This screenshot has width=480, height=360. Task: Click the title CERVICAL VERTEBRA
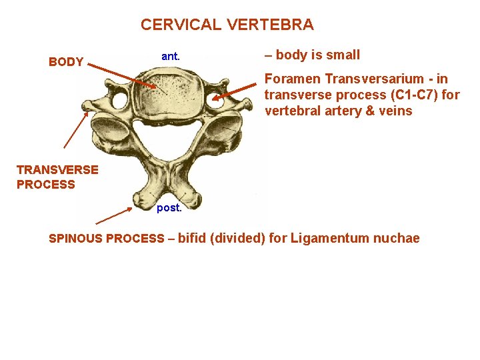(227, 25)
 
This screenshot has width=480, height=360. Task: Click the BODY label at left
(66, 63)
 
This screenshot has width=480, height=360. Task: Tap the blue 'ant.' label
(171, 57)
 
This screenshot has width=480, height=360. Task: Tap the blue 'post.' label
(169, 208)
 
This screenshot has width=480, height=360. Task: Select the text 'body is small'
(317, 55)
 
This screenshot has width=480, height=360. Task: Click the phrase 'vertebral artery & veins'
(338, 111)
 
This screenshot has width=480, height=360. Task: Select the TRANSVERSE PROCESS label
(57, 177)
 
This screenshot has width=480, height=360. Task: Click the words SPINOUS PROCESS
(107, 239)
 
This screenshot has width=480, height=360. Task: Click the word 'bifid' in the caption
(192, 238)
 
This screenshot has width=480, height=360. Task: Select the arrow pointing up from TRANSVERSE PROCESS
(76, 129)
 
